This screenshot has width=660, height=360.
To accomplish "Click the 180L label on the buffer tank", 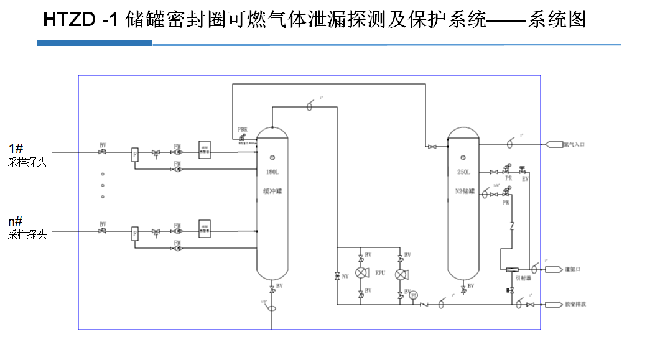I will [x=272, y=171].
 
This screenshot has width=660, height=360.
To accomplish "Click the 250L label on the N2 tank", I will [x=463, y=172].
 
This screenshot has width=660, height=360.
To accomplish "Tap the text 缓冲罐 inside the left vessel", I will [x=272, y=192].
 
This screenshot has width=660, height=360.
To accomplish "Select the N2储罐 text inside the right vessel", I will [x=464, y=192].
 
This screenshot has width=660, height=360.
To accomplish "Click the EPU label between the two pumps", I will [x=380, y=273].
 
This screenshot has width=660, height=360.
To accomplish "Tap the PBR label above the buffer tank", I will [x=243, y=129].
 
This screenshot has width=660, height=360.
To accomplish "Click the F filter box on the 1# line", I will [x=134, y=154].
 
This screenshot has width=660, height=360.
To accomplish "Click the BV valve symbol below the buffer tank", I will [x=272, y=291].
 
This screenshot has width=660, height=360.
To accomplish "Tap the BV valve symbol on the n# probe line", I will [x=103, y=231].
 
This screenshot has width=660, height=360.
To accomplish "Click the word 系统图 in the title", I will [x=557, y=20].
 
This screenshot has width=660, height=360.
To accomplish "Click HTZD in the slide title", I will [x=68, y=21].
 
